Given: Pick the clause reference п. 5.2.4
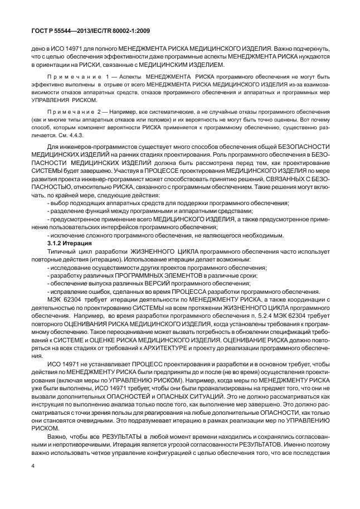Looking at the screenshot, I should tap(221, 301).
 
